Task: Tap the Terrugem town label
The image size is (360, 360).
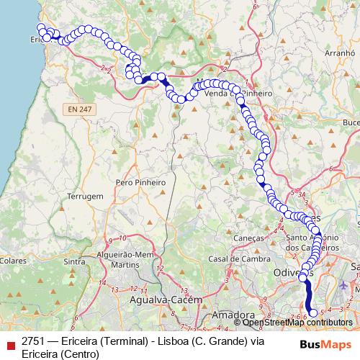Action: coord(86,196)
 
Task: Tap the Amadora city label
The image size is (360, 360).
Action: coord(230,316)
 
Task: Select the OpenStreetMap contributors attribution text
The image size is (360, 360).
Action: coord(297,323)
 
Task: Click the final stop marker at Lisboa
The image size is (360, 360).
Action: coord(312,313)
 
